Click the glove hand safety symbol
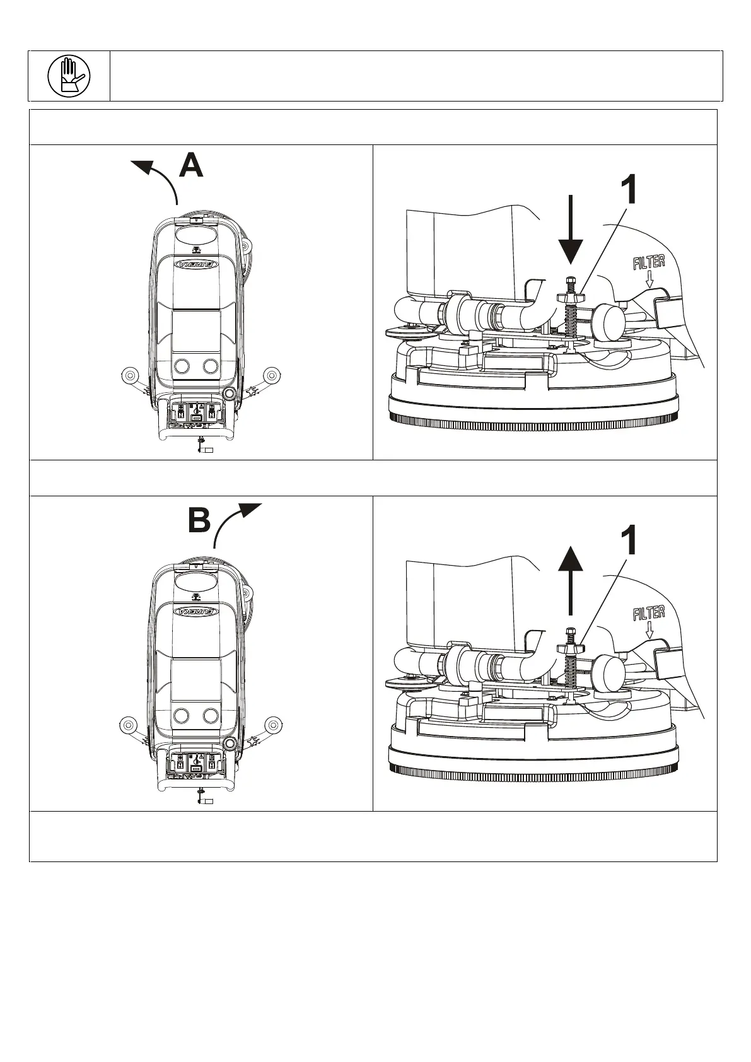(69, 76)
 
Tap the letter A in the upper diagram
(191, 166)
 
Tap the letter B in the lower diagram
(199, 522)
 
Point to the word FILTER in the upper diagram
(649, 262)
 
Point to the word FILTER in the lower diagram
(649, 612)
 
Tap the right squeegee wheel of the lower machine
(272, 724)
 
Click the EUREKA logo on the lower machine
(197, 611)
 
